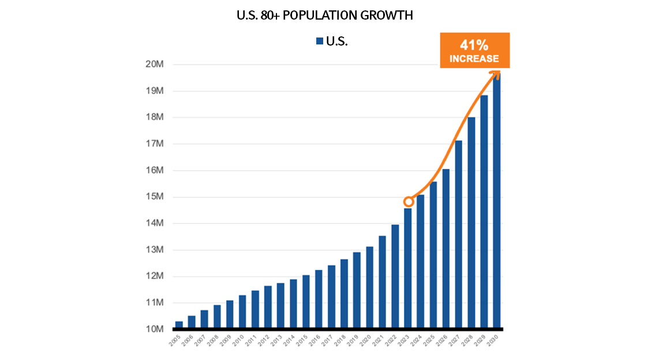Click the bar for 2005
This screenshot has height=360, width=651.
[179, 325]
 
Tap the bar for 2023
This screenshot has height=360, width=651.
[408, 269]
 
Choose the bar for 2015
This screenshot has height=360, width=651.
[306, 302]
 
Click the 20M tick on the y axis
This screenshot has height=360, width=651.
[156, 64]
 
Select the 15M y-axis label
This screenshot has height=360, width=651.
[156, 197]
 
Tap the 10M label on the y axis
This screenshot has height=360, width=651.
[156, 329]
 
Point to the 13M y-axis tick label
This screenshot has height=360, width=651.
[156, 250]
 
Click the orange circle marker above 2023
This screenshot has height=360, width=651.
[408, 201]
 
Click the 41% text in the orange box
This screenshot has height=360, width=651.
[474, 45]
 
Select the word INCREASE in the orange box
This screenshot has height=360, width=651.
[474, 58]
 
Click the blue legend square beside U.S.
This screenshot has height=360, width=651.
[319, 41]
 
